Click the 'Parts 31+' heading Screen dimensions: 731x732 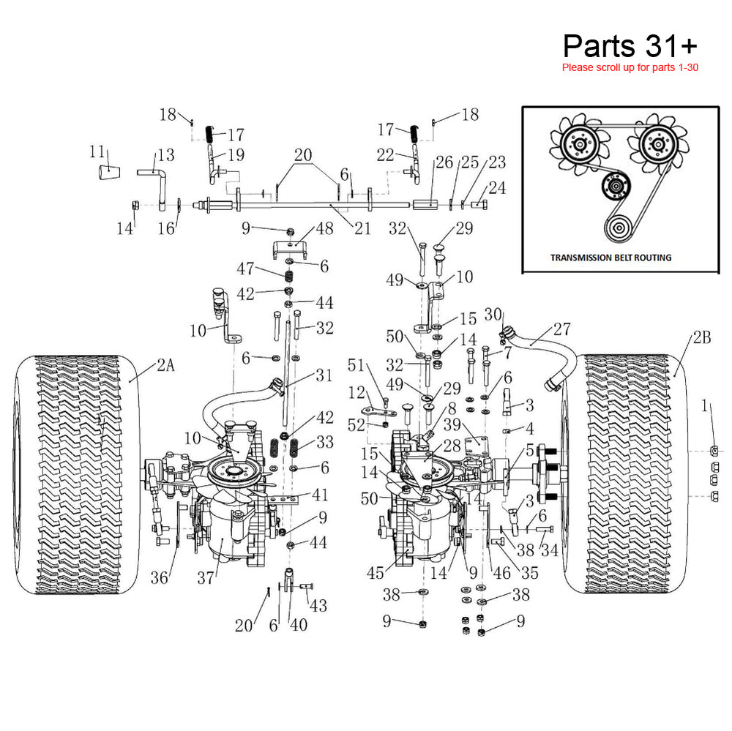click(630, 46)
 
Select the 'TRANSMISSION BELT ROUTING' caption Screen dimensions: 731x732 click(610, 258)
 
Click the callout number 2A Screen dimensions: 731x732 click(165, 367)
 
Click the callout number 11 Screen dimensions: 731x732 click(97, 151)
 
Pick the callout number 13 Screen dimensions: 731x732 click(166, 155)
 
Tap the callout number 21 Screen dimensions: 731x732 click(362, 228)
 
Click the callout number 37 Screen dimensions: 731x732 click(206, 578)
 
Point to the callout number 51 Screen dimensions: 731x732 click(356, 365)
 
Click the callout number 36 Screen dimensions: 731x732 click(160, 578)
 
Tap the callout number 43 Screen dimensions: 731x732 click(318, 606)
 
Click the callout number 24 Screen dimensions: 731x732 click(497, 188)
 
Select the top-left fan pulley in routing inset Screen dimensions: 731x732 click(579, 143)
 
